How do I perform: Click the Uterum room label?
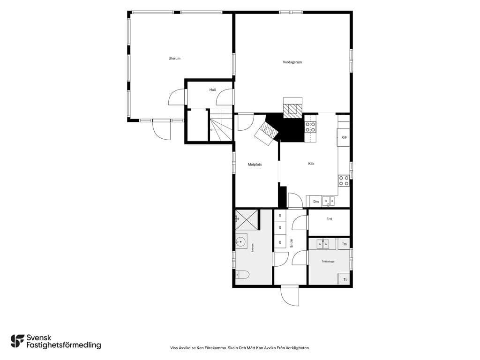(x=174, y=58)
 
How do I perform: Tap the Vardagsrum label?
(x=292, y=62)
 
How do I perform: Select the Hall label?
(x=212, y=90)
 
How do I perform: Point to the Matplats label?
(x=255, y=165)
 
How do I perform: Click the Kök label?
(x=311, y=164)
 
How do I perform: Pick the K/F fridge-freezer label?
(x=344, y=137)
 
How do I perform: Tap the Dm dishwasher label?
(x=316, y=202)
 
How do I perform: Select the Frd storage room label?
(x=329, y=219)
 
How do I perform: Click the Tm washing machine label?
(x=345, y=244)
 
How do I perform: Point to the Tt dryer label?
(x=345, y=280)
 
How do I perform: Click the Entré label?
(x=292, y=243)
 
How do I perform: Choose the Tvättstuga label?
(x=328, y=262)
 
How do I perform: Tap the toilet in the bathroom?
(x=242, y=275)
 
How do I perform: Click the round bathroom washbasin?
(x=241, y=241)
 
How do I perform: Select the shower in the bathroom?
(x=247, y=220)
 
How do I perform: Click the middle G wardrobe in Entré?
(x=280, y=227)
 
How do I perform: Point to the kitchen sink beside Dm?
(x=328, y=201)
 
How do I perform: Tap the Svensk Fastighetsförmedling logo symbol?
(x=17, y=341)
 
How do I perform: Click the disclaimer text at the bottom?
(x=240, y=348)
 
